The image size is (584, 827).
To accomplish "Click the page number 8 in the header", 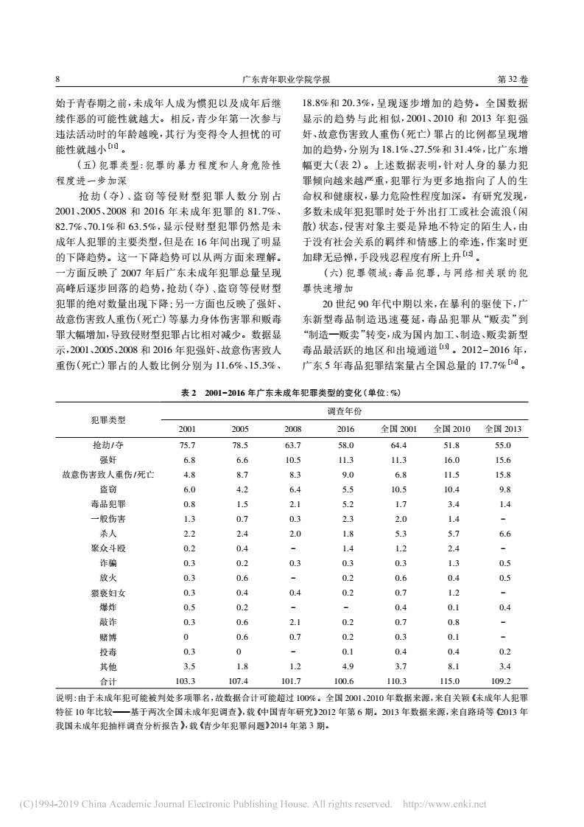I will tap(57, 79).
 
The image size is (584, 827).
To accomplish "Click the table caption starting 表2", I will tap(291, 392).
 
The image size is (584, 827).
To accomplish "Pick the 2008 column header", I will tap(292, 429).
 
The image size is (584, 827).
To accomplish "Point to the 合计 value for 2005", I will tap(240, 681).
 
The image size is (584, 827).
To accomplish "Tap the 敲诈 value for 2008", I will tap(292, 622).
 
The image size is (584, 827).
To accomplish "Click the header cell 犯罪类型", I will tap(108, 419).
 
